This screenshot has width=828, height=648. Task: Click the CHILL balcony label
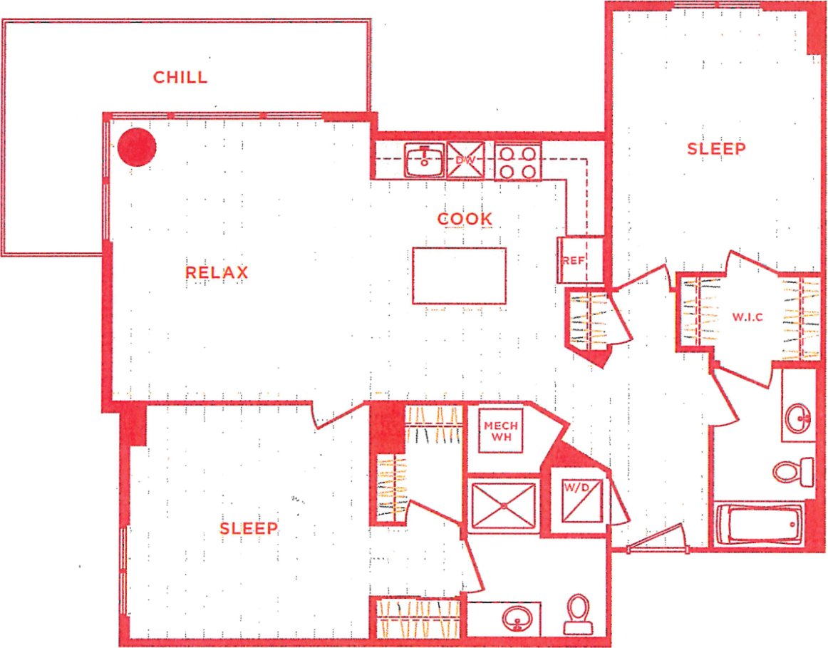point(180,77)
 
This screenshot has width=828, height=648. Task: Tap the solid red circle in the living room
point(136,147)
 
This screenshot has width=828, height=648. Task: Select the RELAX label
point(217,272)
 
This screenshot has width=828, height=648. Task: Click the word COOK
point(465,219)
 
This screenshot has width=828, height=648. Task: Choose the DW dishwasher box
point(465,160)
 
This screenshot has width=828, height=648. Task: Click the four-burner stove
point(518,162)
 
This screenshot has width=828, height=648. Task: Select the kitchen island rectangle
point(460,276)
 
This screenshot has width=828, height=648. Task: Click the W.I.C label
point(747,317)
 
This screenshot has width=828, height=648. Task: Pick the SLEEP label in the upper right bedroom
point(716,149)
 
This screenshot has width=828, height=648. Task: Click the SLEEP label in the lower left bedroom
point(248,528)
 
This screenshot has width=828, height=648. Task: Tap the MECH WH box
point(500,431)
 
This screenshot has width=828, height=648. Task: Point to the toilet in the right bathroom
point(793,471)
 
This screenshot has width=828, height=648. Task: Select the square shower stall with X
point(504,505)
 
